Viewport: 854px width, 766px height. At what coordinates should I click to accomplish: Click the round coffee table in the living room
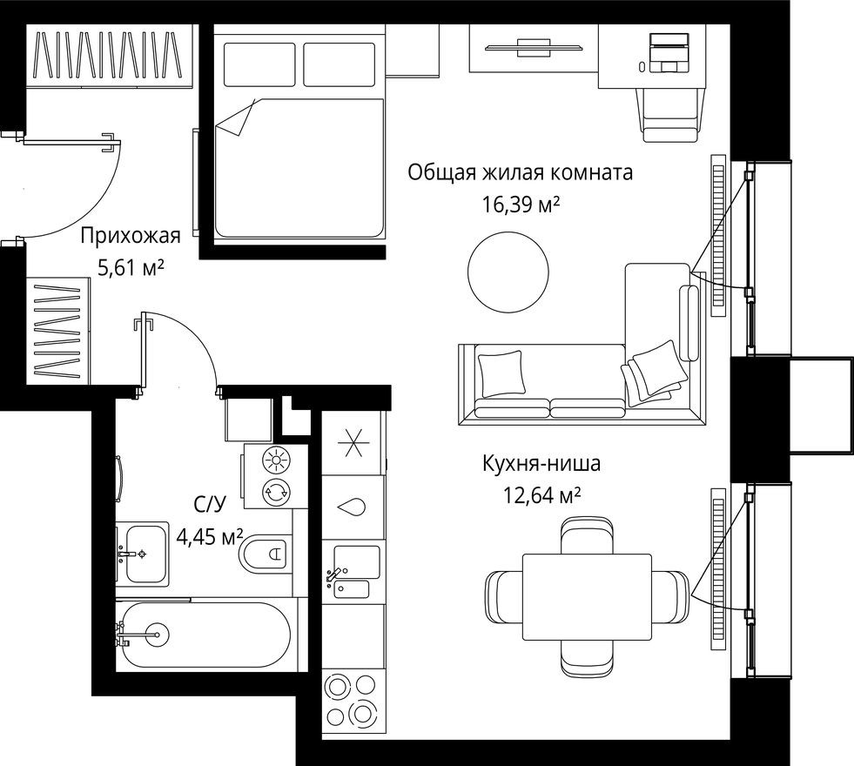508,272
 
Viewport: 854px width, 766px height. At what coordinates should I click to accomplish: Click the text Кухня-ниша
541,463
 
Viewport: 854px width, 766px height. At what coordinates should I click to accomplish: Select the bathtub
207,635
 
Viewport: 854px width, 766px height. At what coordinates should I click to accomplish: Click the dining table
586,596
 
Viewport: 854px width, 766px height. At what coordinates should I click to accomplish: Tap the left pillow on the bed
260,65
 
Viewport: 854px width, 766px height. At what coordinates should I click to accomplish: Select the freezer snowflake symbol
353,444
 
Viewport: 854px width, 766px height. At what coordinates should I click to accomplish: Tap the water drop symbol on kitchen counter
353,506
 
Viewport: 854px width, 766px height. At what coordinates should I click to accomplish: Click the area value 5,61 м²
131,268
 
